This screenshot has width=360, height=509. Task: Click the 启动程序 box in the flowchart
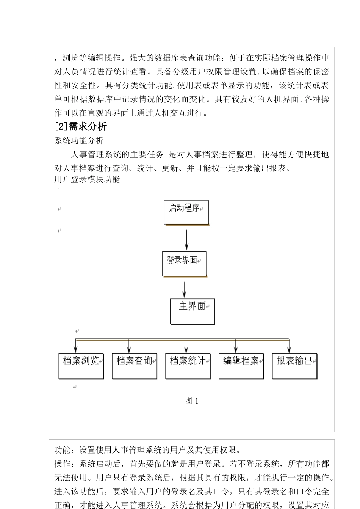(186, 212)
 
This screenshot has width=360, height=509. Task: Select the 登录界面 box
(184, 264)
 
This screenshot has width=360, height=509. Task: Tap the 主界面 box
(193, 311)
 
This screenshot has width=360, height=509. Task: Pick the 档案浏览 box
(81, 366)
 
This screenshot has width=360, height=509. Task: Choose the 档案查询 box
(135, 366)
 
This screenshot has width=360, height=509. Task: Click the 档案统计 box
(188, 366)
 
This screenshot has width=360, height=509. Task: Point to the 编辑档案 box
(241, 366)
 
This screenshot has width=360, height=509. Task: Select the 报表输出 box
(295, 366)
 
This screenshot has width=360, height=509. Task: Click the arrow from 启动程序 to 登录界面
(186, 238)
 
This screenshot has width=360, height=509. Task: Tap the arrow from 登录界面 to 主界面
(184, 289)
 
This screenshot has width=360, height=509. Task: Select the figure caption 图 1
(192, 401)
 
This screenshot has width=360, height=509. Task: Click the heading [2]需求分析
(81, 126)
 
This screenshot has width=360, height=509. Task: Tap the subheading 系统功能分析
(79, 141)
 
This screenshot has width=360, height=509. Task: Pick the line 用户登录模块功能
(87, 179)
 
